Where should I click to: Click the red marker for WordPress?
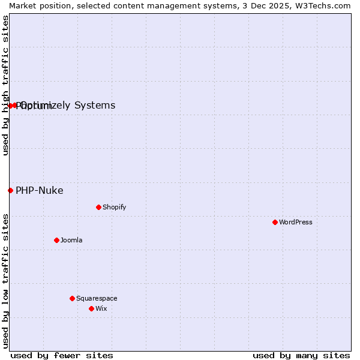[275, 222]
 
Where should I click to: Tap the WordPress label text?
[296, 222]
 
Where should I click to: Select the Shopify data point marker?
[98, 207]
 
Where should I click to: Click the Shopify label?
[114, 207]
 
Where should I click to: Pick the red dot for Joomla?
[56, 240]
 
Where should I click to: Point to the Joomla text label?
[71, 240]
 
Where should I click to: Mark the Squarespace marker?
[72, 298]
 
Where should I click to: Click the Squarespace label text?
[97, 298]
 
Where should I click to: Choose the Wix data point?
[91, 308]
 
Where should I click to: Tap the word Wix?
[101, 308]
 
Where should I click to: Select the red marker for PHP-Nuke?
[10, 190]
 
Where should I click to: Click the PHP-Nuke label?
[40, 190]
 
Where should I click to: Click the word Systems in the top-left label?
[95, 106]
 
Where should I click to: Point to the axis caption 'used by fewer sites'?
[62, 355]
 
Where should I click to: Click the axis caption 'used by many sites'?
[301, 355]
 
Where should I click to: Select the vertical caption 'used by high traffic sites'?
[5, 85]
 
